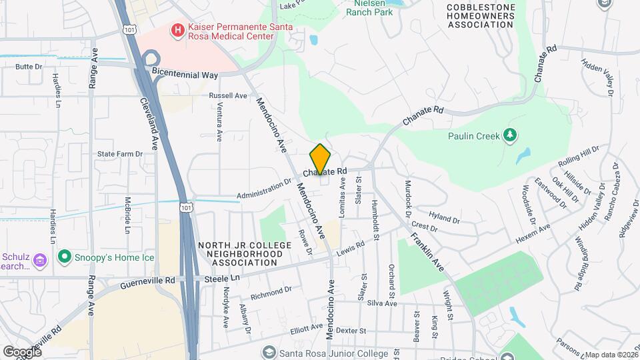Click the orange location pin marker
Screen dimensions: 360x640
tap(321, 159)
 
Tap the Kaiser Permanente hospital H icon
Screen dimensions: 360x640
tap(177, 29)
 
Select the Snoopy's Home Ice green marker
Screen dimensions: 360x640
tap(65, 256)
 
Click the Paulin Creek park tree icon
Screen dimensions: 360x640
tap(511, 136)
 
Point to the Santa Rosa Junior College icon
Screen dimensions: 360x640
tap(269, 353)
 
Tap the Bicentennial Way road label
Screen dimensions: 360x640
tap(185, 75)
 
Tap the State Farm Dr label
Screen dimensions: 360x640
tap(120, 153)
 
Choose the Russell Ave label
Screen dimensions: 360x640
tap(228, 95)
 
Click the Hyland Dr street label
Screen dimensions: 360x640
tap(444, 218)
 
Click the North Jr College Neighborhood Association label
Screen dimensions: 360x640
tap(237, 254)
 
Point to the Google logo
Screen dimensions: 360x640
tap(22, 351)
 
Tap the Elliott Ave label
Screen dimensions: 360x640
tap(307, 328)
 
